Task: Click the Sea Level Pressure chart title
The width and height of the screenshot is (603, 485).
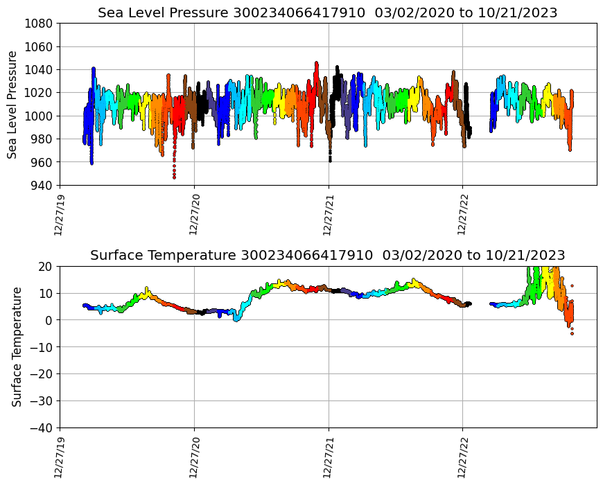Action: coord(327,12)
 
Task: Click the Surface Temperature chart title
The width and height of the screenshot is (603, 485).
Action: coord(327,255)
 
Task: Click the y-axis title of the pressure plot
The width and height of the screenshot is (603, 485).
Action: coord(13,104)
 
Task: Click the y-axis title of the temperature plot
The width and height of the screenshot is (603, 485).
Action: coord(17,346)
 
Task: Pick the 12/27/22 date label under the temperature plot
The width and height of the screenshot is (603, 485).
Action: coord(462,457)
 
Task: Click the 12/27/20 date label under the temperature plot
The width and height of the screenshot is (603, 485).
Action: coord(193,457)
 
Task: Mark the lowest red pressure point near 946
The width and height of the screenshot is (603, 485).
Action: coord(174,177)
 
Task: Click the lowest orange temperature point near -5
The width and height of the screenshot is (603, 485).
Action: coord(572,333)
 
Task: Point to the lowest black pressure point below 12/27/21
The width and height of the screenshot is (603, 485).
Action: coord(330,160)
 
